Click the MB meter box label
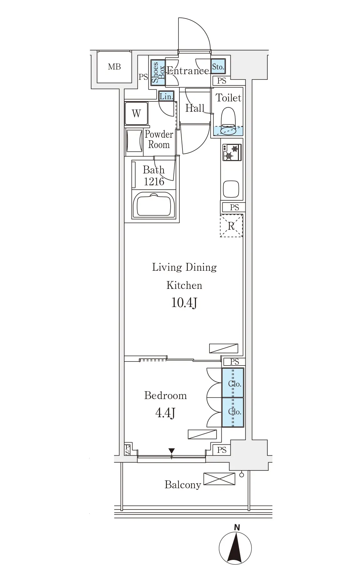pos(114,67)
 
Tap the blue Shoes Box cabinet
pos(158,72)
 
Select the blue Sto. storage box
pos(218,67)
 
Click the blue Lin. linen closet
pos(166,96)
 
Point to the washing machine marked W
pos(136,113)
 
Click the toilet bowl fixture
pos(228,121)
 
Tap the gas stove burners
pos(232,152)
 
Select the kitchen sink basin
pos(231,189)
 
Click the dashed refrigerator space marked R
pos(231,225)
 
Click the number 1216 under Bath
pos(154,181)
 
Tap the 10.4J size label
pos(184,303)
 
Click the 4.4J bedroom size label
pos(165,413)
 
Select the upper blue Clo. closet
pos(233,383)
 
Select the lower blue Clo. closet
pos(233,412)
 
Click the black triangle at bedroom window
pos(172,451)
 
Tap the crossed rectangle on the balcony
pos(219,479)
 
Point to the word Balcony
pos(183,485)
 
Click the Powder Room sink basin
pos(134,141)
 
